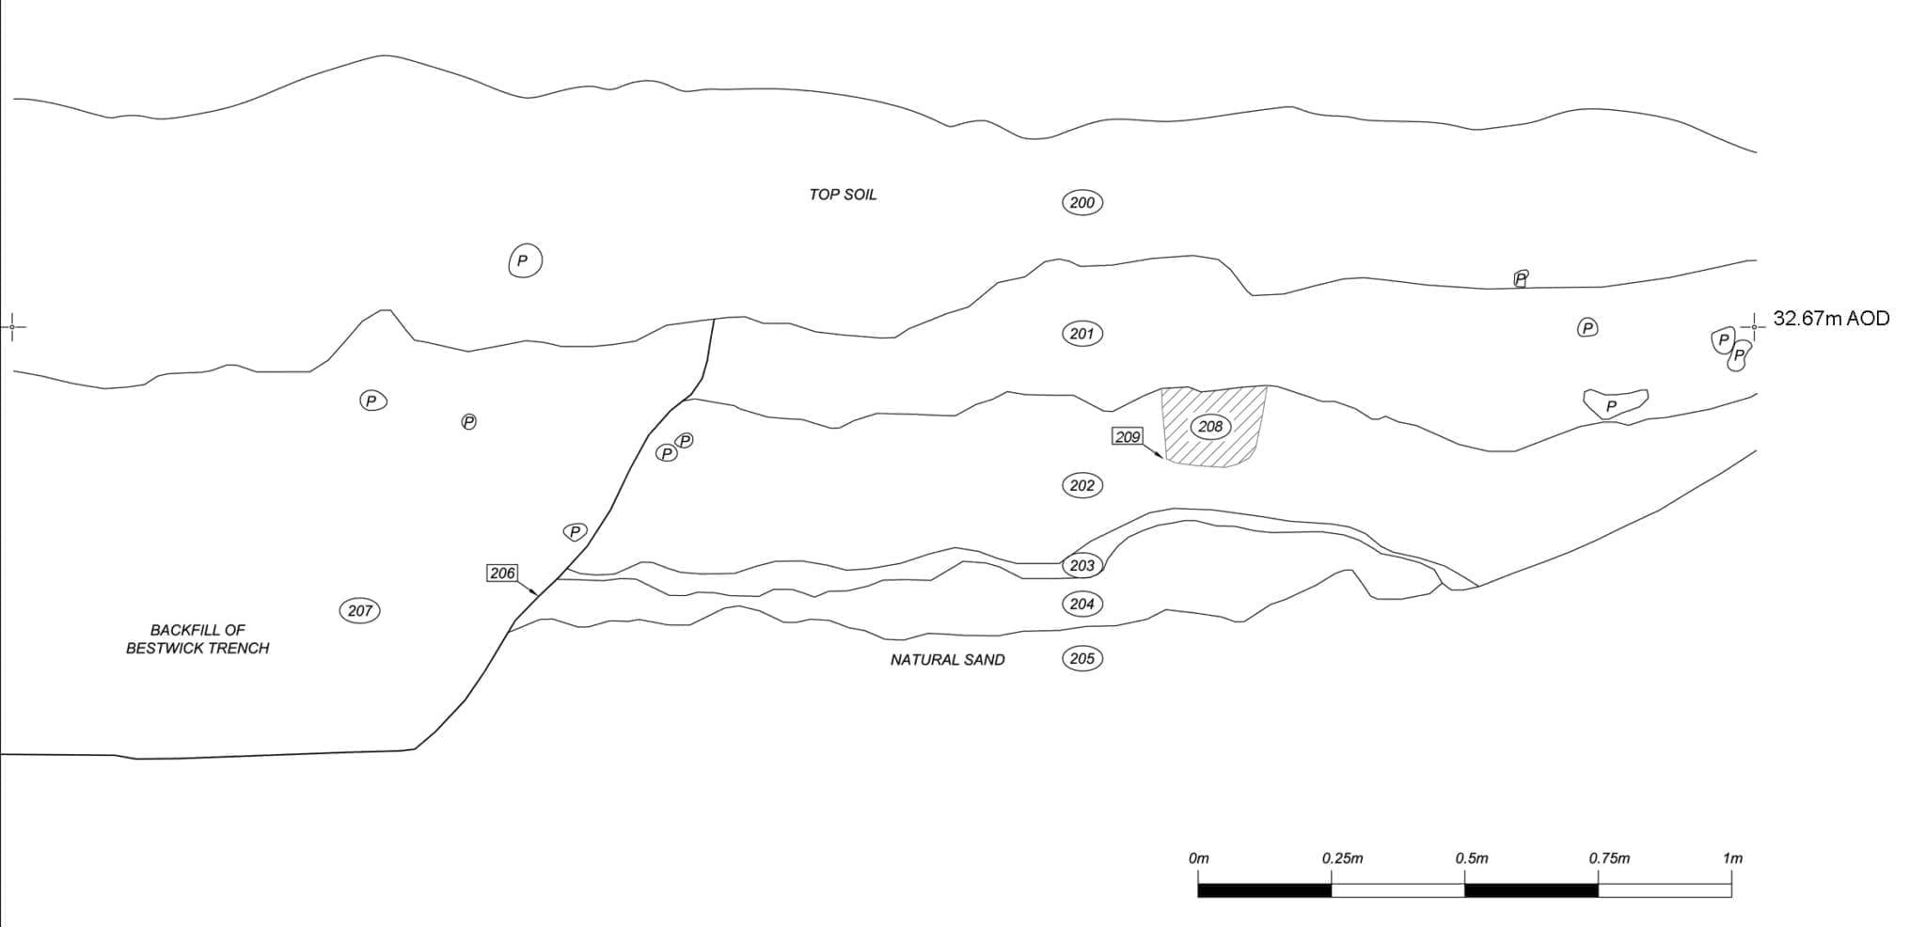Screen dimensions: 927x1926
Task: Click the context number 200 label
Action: (x=1081, y=202)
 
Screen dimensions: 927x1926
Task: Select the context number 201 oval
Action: (x=1081, y=334)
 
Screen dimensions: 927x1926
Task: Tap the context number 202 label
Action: (x=1081, y=485)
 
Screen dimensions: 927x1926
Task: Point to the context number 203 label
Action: (x=1081, y=565)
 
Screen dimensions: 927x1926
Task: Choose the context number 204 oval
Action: (x=1081, y=604)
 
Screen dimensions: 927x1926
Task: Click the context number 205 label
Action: (x=1081, y=658)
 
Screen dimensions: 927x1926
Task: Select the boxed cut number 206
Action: (x=502, y=573)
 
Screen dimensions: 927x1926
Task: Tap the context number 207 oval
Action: (x=359, y=610)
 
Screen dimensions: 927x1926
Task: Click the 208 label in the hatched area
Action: (x=1209, y=426)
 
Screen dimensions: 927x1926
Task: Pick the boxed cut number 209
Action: (x=1127, y=436)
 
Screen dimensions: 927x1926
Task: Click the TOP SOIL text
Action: (x=842, y=195)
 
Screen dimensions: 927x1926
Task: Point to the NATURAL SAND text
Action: (x=947, y=660)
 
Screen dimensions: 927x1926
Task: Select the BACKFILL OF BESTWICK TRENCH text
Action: (x=197, y=639)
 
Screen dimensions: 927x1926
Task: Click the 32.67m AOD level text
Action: (x=1830, y=319)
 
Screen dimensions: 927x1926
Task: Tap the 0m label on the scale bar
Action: (x=1198, y=858)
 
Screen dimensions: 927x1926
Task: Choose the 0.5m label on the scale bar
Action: (x=1471, y=858)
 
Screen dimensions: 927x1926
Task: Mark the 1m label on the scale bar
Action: (x=1732, y=858)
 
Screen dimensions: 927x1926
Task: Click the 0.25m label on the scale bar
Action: (x=1342, y=858)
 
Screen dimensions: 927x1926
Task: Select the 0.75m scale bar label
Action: (x=1609, y=858)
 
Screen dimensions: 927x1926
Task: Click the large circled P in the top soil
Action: (x=525, y=260)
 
